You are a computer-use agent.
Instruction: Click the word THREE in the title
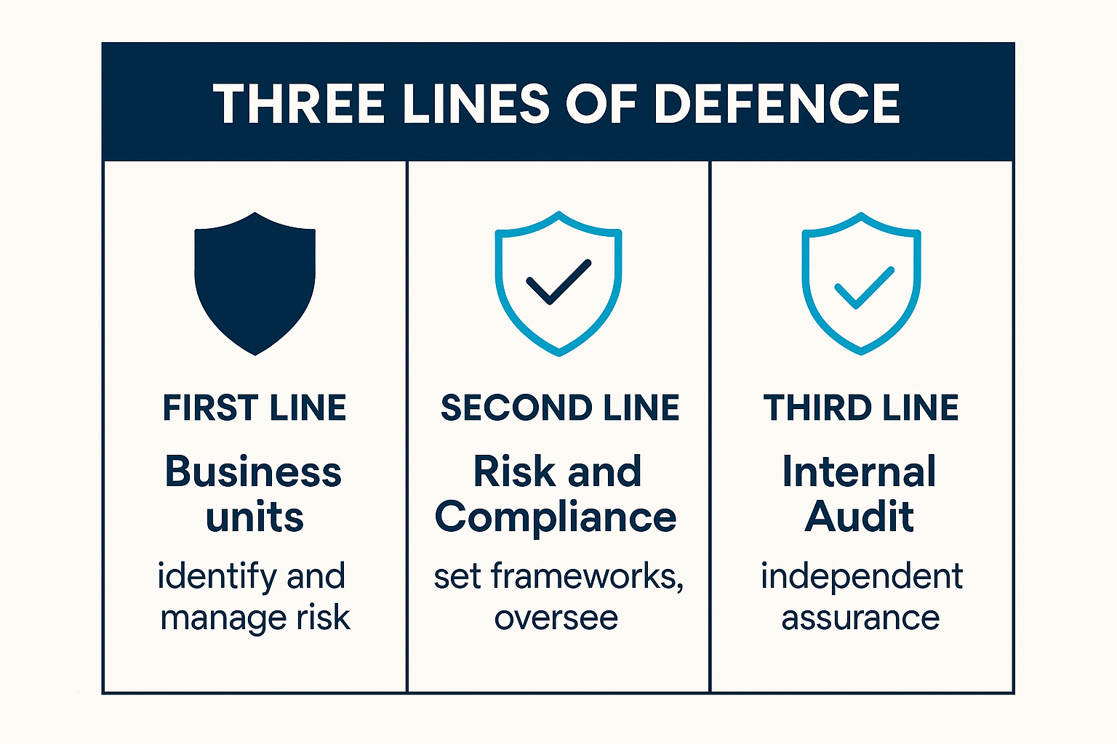click(x=299, y=104)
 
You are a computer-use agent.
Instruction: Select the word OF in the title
click(x=601, y=104)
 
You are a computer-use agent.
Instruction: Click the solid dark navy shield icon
click(x=255, y=283)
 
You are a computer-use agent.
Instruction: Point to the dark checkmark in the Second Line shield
click(x=558, y=282)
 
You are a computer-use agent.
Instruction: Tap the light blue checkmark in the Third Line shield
click(x=864, y=288)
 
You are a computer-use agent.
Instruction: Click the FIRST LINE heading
click(x=255, y=408)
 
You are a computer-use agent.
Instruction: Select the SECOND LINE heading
click(x=560, y=408)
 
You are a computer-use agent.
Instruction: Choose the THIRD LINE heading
click(x=861, y=408)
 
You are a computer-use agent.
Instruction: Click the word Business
click(x=253, y=471)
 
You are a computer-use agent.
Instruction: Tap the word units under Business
click(x=255, y=517)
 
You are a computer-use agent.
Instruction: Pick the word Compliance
click(x=556, y=518)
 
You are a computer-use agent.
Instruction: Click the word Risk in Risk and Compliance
click(x=515, y=471)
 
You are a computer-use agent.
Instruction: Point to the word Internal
click(x=859, y=471)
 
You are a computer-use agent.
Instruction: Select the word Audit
click(x=859, y=517)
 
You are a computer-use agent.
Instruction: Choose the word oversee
click(x=556, y=618)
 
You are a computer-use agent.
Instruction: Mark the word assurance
click(x=861, y=618)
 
